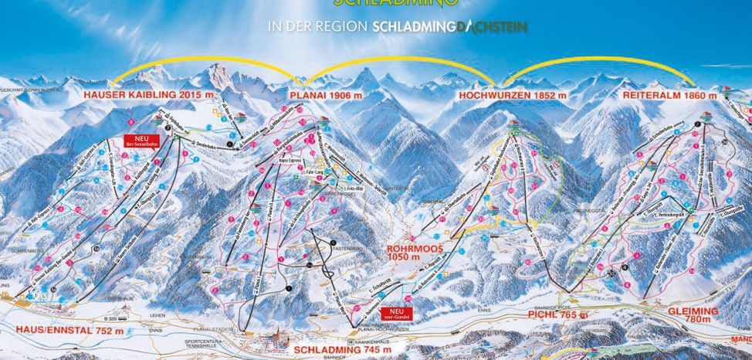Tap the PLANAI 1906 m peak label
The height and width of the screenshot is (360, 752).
pyautogui.click(x=325, y=95)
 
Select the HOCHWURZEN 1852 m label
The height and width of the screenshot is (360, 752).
pyautogui.click(x=512, y=95)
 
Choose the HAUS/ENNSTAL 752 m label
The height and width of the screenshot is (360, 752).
pyautogui.click(x=69, y=331)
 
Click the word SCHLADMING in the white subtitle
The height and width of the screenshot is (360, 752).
pyautogui.click(x=413, y=26)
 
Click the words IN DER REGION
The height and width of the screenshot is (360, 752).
pyautogui.click(x=317, y=26)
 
